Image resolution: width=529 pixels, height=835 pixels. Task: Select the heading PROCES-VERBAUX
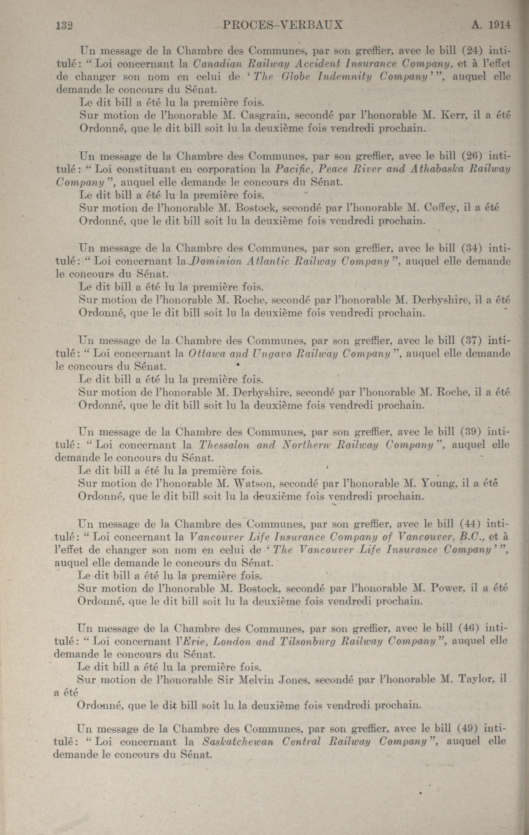click(x=283, y=25)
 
